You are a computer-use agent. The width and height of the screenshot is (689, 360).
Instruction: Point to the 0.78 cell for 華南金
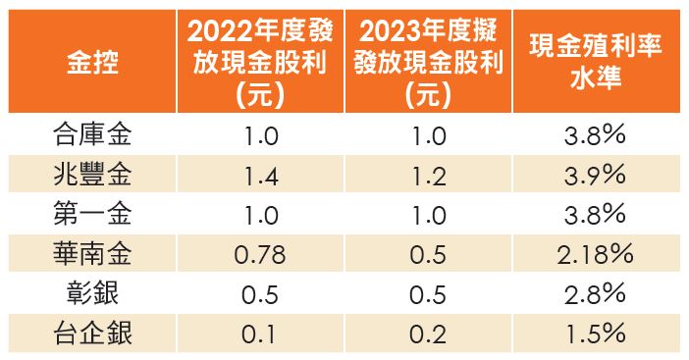pyautogui.click(x=260, y=255)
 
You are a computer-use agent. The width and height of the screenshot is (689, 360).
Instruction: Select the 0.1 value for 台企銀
pyautogui.click(x=260, y=335)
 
